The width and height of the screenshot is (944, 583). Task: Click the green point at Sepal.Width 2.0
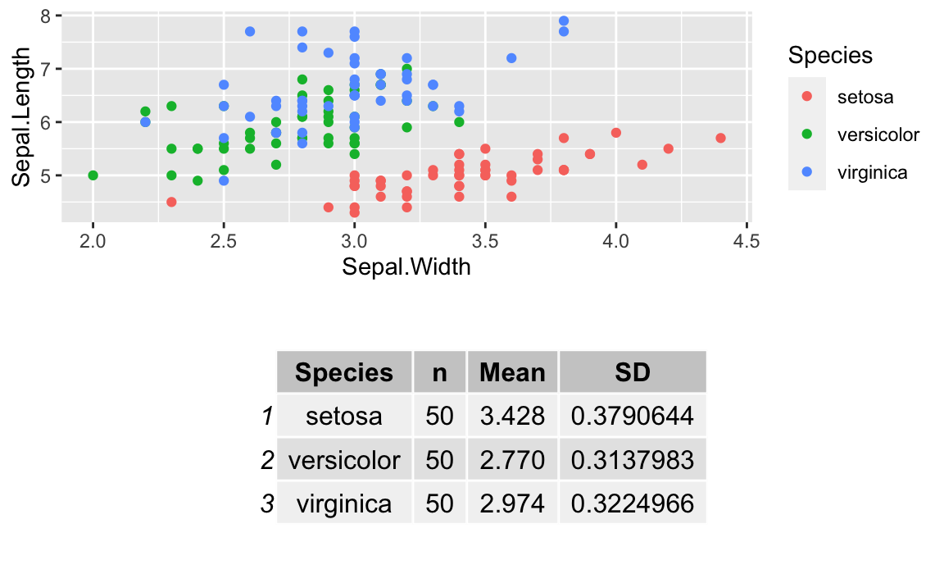click(x=93, y=175)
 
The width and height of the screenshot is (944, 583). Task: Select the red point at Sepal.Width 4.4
click(x=720, y=138)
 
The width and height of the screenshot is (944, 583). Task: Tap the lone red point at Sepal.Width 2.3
click(x=171, y=202)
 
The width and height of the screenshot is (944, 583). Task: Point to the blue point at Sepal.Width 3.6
click(x=511, y=58)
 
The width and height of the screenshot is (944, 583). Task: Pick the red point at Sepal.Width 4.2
click(x=669, y=148)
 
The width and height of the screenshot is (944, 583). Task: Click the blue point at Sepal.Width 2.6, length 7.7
click(x=250, y=31)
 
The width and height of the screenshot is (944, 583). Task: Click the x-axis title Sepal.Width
click(x=406, y=266)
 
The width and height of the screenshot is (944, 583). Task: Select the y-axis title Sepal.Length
click(x=21, y=116)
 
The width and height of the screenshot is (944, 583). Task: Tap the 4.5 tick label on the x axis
click(x=747, y=242)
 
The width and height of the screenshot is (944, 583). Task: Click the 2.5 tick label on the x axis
click(x=224, y=242)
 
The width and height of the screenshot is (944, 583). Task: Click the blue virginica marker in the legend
click(x=807, y=171)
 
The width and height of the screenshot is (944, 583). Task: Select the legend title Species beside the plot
click(x=830, y=55)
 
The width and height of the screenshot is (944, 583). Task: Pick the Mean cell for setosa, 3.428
click(x=512, y=416)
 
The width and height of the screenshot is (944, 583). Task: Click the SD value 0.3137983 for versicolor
click(x=632, y=460)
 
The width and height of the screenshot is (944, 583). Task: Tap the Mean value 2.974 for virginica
click(x=512, y=503)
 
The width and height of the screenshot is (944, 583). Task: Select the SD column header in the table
click(x=632, y=372)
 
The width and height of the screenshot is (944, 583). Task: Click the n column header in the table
click(x=439, y=373)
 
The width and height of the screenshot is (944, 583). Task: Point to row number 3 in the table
click(x=267, y=503)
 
